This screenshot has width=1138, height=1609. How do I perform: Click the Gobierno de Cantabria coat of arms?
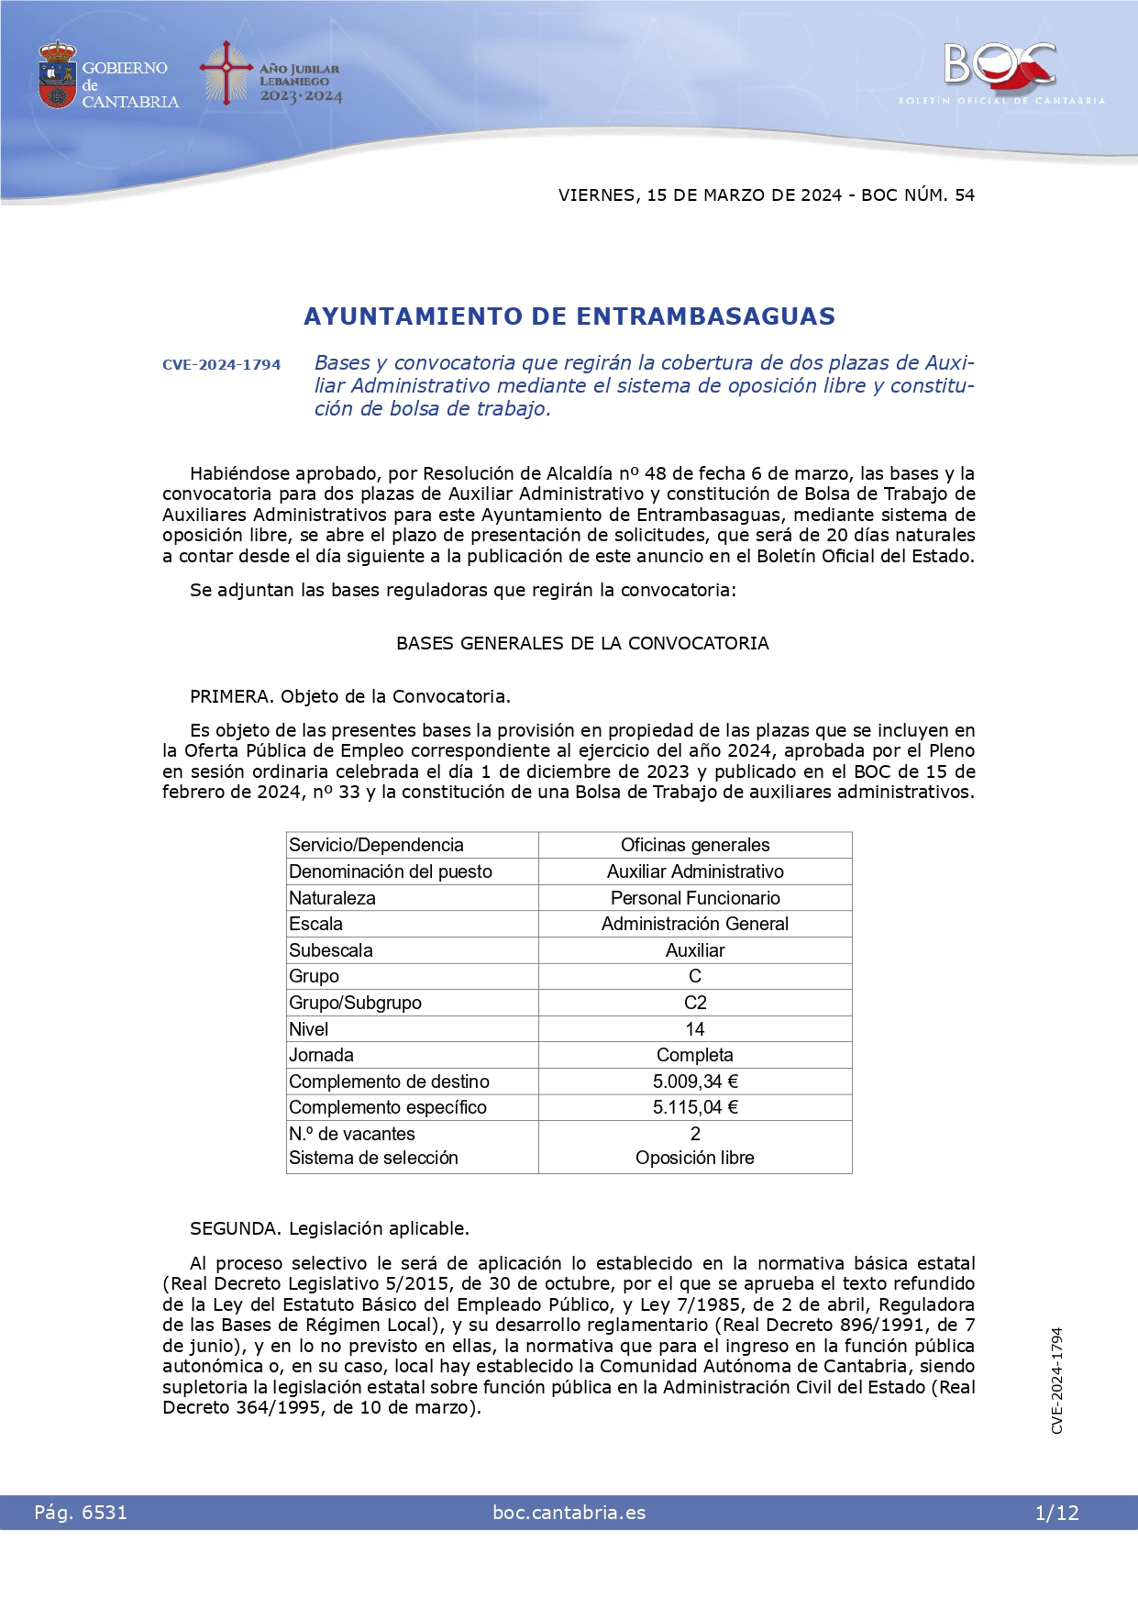[57, 75]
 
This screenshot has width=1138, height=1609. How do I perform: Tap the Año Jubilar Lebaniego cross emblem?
[226, 72]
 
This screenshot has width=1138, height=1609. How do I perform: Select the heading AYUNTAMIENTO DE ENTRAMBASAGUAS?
[569, 316]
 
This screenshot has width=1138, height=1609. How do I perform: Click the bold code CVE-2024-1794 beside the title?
[222, 364]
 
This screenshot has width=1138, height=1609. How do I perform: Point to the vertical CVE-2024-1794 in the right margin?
[1057, 1380]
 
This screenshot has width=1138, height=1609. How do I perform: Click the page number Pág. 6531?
[81, 1513]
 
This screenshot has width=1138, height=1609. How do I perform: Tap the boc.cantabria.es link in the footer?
[569, 1513]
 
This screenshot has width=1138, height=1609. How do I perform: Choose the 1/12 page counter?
[1056, 1513]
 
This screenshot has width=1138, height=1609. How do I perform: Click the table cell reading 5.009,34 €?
[695, 1082]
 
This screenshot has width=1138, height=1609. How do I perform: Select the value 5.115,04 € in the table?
[695, 1107]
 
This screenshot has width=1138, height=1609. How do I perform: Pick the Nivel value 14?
[695, 1029]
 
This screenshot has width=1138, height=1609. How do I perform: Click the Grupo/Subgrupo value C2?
[695, 1003]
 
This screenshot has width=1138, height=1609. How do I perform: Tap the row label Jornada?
[321, 1055]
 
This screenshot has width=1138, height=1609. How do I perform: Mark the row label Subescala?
[331, 950]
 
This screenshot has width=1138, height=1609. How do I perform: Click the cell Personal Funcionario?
[695, 898]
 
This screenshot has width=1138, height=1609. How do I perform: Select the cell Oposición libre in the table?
[695, 1158]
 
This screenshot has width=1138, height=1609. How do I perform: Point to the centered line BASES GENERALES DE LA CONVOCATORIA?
[582, 643]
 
